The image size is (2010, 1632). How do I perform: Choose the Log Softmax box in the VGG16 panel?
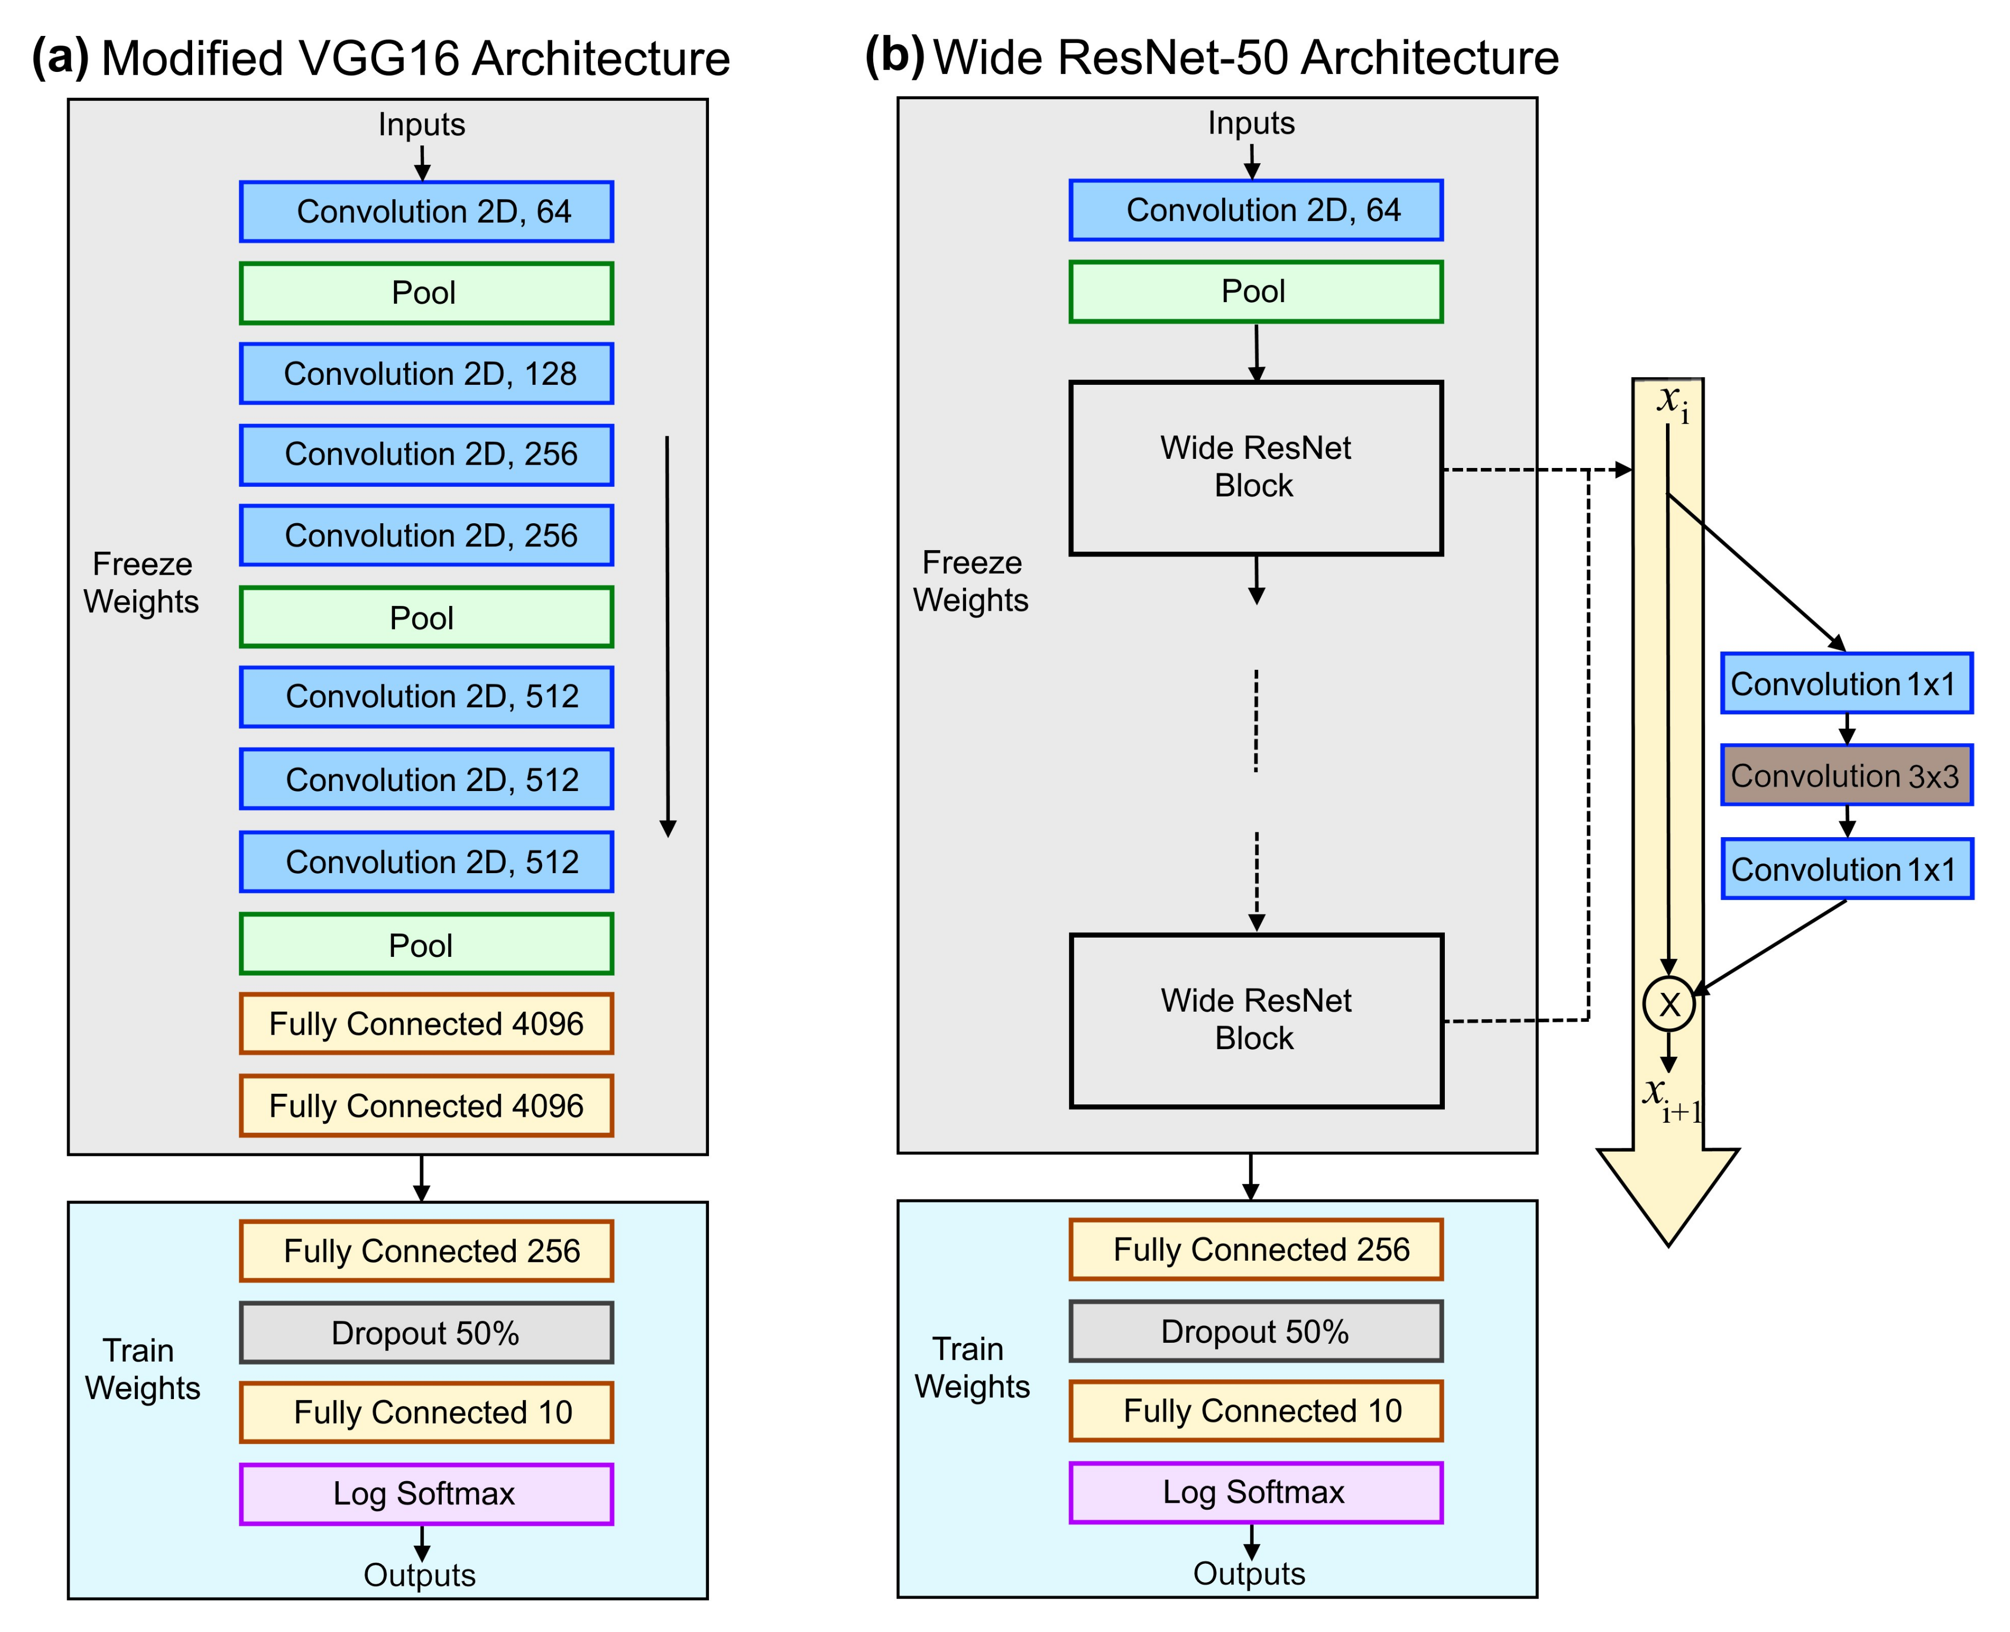[426, 1493]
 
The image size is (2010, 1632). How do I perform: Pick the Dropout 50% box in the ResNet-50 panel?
[1255, 1330]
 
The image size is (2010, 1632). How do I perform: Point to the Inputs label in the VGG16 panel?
[421, 124]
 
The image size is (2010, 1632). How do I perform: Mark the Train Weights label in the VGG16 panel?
[142, 1369]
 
